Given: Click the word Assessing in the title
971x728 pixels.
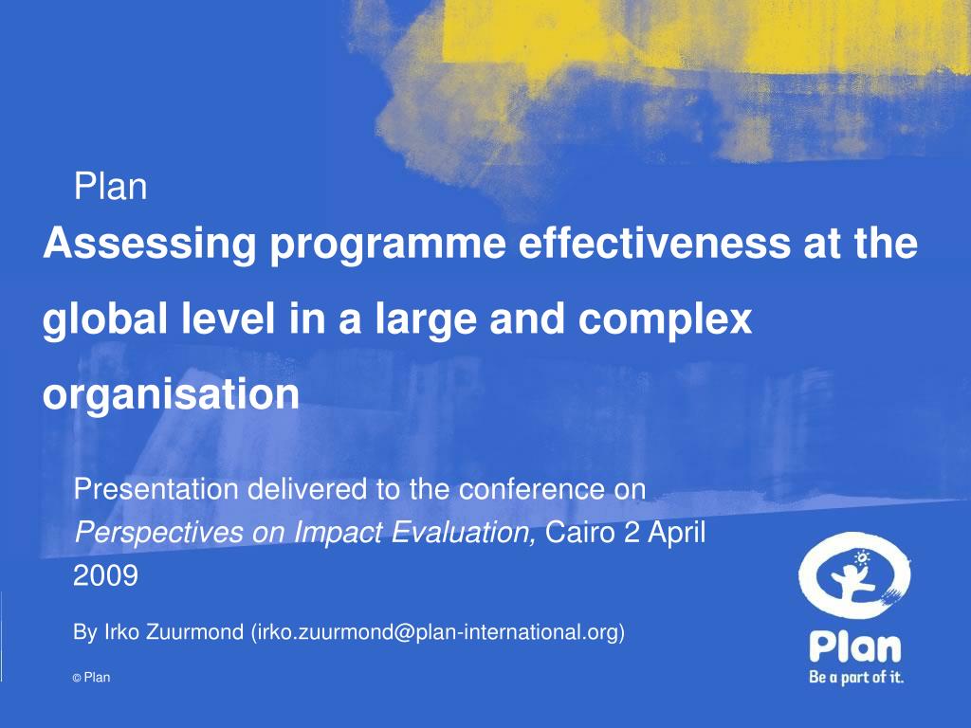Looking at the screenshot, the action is [x=149, y=244].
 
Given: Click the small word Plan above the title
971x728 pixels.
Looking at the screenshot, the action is [x=110, y=187].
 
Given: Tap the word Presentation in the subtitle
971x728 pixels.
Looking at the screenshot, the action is [x=156, y=489].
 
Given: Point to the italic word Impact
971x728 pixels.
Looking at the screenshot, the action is [x=338, y=533].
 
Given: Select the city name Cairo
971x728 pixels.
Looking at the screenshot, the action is [x=580, y=532].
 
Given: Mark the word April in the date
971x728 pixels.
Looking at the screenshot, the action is [x=677, y=533].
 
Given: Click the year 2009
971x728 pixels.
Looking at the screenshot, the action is [x=105, y=575].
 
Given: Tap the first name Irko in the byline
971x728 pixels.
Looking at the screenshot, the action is [x=121, y=632].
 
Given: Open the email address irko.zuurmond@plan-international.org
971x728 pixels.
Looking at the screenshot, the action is [x=438, y=632].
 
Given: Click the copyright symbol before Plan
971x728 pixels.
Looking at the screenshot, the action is [x=77, y=679].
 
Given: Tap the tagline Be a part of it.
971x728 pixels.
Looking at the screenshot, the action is [x=856, y=677].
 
